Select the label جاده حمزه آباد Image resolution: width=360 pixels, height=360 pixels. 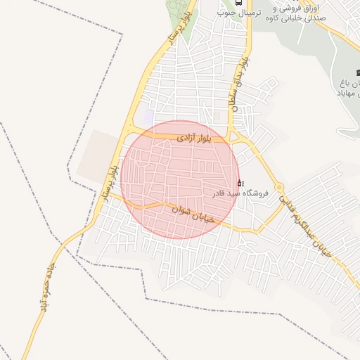[x=48, y=289]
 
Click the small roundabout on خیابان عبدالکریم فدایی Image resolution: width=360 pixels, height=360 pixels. [x=279, y=187]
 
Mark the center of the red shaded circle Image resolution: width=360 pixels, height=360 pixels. [x=180, y=179]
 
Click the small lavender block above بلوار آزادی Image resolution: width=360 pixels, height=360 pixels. [x=148, y=115]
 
